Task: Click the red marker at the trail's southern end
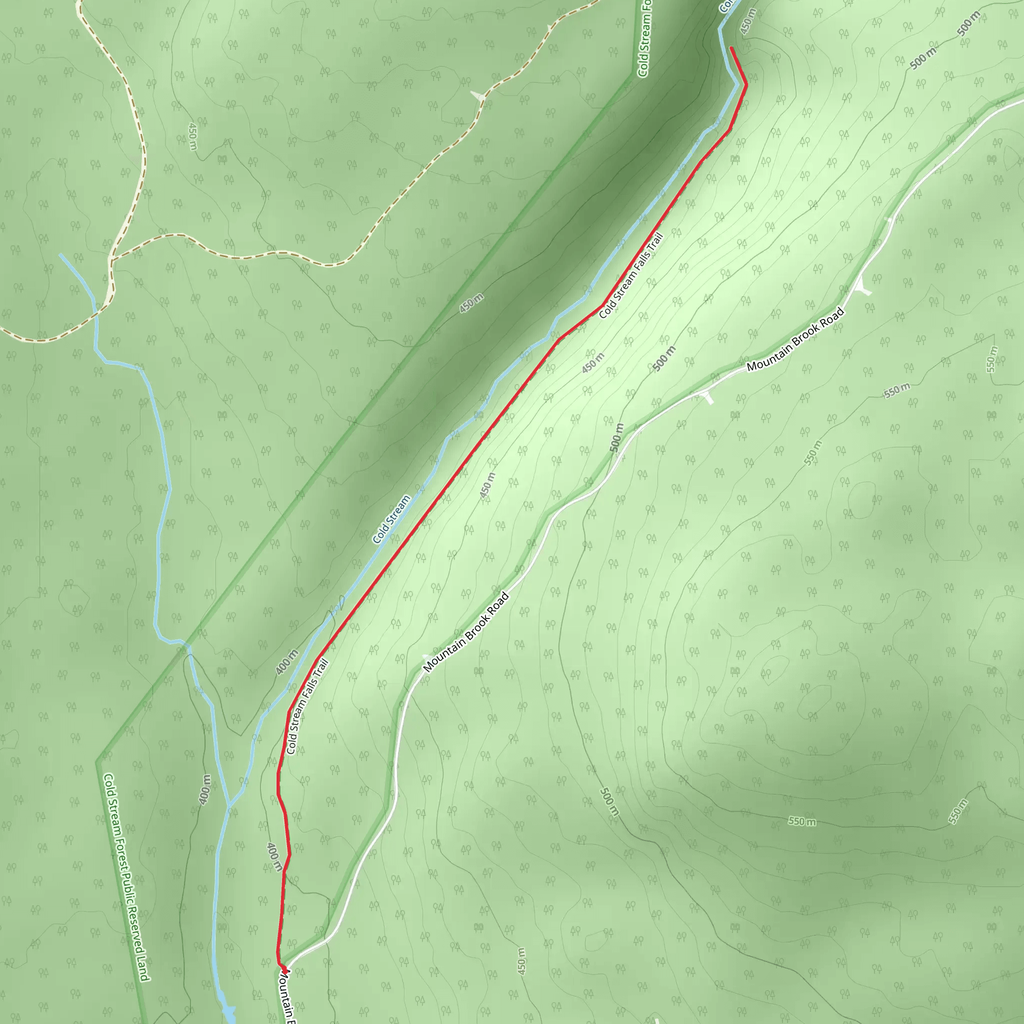click(284, 969)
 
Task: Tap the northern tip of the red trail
click(731, 48)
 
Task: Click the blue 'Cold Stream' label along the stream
click(391, 519)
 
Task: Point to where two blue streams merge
click(229, 808)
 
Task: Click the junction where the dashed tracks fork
click(111, 259)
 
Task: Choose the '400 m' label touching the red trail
click(274, 857)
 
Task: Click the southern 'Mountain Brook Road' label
click(466, 632)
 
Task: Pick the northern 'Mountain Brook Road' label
click(795, 339)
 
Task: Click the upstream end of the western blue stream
click(60, 254)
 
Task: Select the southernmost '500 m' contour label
click(609, 802)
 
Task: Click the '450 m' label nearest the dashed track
click(192, 136)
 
